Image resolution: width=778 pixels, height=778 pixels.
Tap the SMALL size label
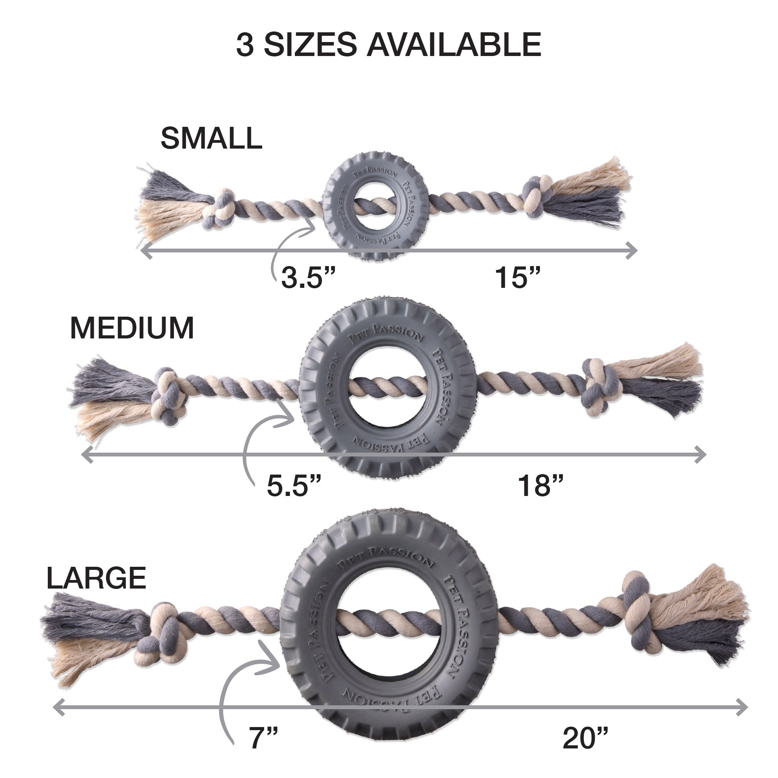pyautogui.click(x=211, y=138)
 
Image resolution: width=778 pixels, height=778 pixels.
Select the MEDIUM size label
pyautogui.click(x=132, y=328)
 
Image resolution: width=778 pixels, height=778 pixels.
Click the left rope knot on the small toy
pyautogui.click(x=220, y=209)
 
